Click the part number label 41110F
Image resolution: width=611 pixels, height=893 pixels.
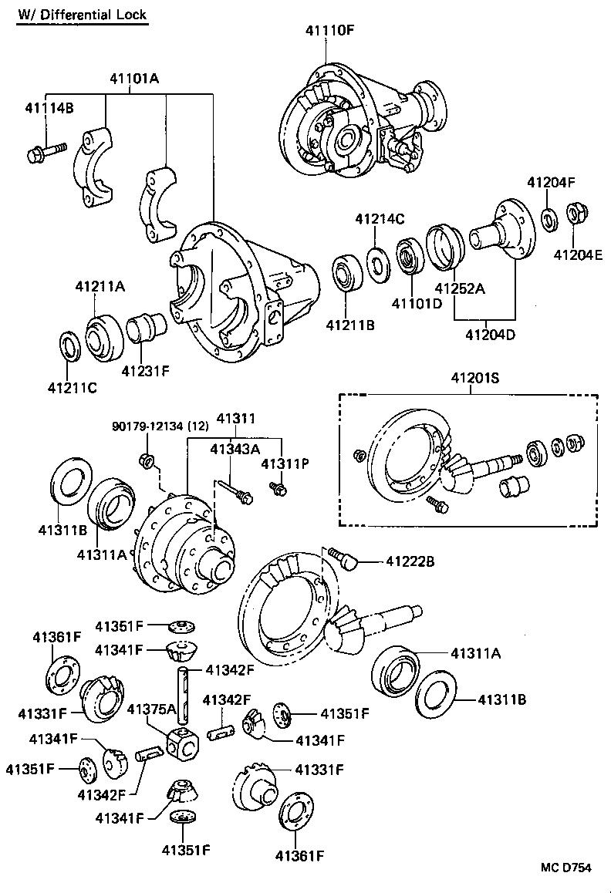click(329, 30)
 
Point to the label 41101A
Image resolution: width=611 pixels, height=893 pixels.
click(133, 78)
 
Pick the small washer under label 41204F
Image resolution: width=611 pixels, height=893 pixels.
click(549, 220)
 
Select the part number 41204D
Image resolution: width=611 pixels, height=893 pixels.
click(490, 335)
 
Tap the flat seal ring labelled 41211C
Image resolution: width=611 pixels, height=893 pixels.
click(69, 345)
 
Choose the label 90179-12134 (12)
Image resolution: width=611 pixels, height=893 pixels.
click(160, 426)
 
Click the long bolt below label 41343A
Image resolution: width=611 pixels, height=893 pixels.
click(233, 491)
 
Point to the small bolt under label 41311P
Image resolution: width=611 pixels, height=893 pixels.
click(278, 487)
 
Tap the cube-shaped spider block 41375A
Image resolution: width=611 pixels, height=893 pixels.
click(183, 742)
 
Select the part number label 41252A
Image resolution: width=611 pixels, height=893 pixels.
click(460, 289)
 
